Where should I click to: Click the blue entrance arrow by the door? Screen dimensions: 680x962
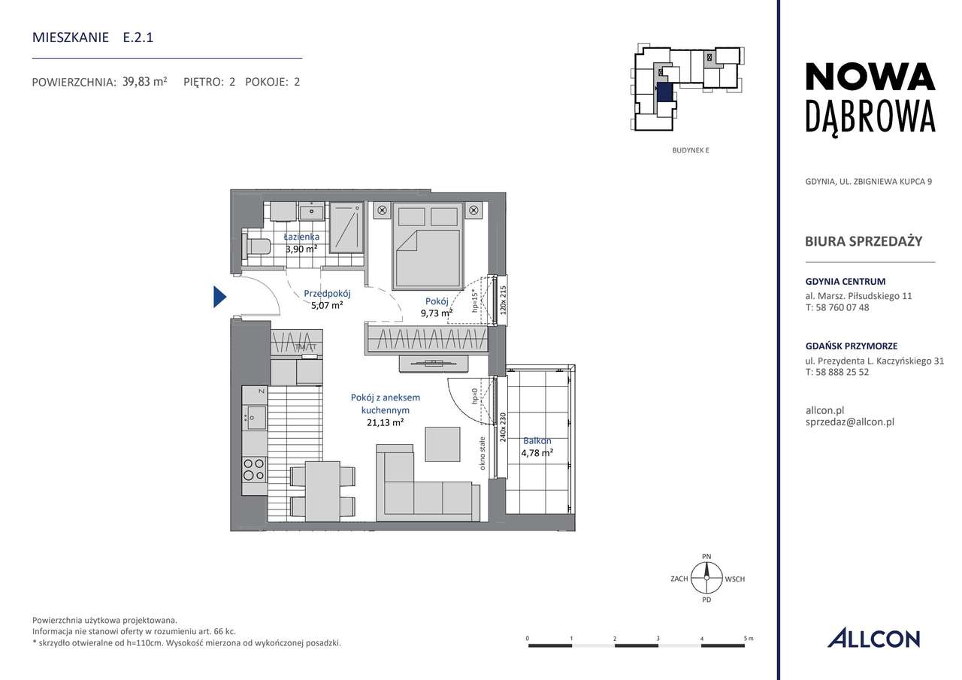tap(219, 297)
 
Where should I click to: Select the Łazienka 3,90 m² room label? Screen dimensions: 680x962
tap(301, 243)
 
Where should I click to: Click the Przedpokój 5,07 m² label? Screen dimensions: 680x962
tap(327, 300)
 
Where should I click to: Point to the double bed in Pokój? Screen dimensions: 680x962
tap(427, 248)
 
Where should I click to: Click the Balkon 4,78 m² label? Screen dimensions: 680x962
tap(537, 447)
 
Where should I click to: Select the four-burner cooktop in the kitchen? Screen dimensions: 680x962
tap(254, 470)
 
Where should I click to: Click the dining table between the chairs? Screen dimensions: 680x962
tap(322, 491)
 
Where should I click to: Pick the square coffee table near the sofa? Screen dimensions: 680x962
tap(443, 444)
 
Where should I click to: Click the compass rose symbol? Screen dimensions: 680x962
tap(706, 579)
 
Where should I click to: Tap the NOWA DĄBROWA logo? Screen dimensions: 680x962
tap(870, 98)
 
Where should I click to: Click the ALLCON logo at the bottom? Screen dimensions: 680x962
tap(873, 639)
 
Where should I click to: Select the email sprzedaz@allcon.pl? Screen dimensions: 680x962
tap(849, 422)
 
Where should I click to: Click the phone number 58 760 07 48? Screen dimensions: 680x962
tap(836, 307)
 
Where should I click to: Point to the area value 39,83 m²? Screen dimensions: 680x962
tap(144, 82)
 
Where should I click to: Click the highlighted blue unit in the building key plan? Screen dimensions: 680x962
tap(664, 92)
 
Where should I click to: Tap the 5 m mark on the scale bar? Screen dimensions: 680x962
tap(746, 639)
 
